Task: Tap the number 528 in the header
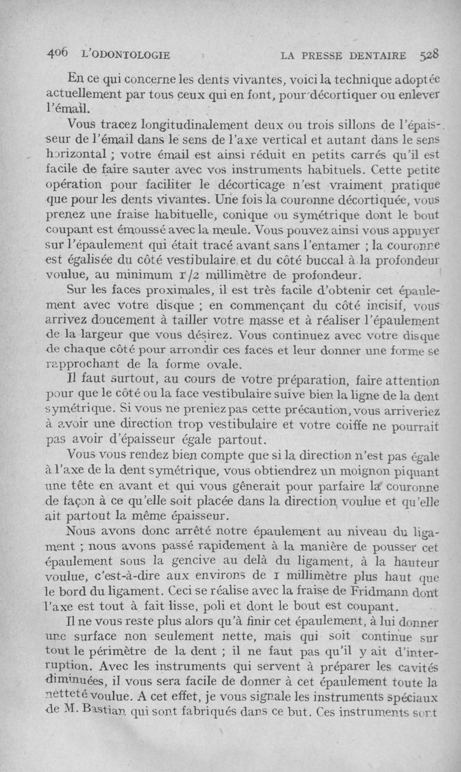(430, 55)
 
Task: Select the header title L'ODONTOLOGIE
(127, 55)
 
